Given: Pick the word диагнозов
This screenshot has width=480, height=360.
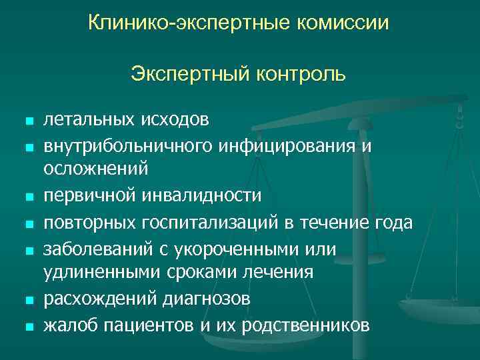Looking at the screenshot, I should [207, 299].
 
